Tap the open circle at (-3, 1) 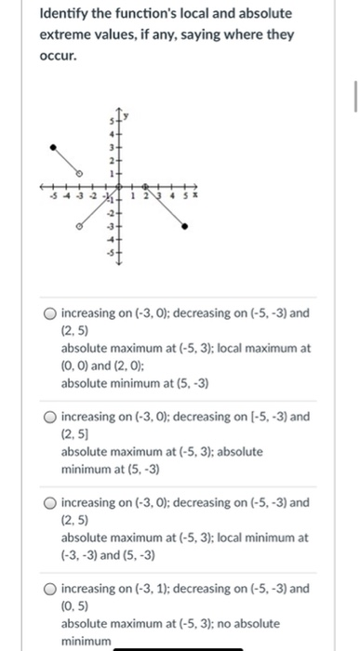[79, 173]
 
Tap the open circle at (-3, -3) [78, 225]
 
